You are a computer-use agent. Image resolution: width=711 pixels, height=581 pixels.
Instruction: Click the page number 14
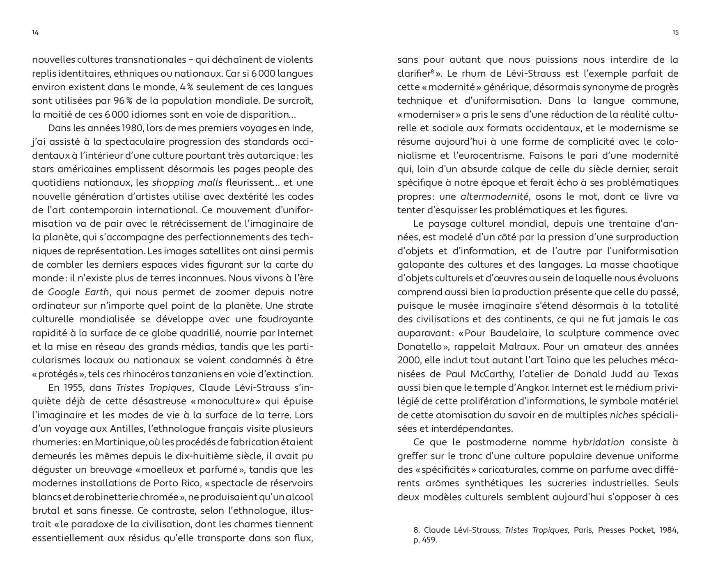35,33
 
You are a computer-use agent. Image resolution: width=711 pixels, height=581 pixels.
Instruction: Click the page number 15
675,33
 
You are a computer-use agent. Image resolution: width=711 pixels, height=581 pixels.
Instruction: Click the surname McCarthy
505,374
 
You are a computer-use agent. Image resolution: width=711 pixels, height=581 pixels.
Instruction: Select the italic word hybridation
598,442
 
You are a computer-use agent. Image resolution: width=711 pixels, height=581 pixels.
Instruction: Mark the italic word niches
624,415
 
